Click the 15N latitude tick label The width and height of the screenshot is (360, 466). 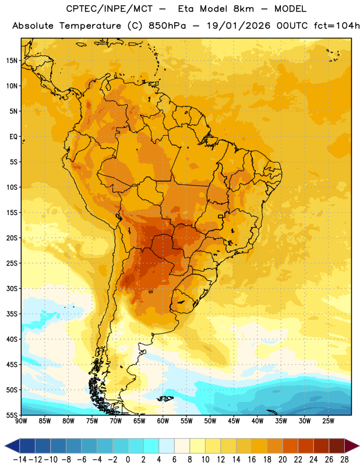click(x=12, y=61)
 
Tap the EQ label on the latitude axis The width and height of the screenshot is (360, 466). click(x=13, y=137)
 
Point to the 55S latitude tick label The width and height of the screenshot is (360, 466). click(x=12, y=415)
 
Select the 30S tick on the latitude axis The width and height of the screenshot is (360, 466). click(x=12, y=288)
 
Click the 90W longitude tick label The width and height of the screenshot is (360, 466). click(x=21, y=421)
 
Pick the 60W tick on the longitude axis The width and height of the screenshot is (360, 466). click(x=163, y=421)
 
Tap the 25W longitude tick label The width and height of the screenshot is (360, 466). click(x=328, y=421)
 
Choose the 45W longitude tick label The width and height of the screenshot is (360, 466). click(x=234, y=421)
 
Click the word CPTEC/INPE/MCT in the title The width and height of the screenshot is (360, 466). click(x=110, y=9)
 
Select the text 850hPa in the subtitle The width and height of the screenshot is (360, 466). click(x=167, y=26)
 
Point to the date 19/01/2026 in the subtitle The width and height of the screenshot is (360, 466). click(x=239, y=26)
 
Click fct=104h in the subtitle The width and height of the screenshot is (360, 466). click(x=337, y=26)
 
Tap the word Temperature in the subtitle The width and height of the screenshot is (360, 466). click(x=90, y=26)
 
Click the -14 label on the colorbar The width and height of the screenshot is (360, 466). click(x=20, y=460)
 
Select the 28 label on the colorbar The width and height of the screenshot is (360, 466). click(x=344, y=460)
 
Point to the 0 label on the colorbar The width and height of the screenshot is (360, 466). click(x=128, y=460)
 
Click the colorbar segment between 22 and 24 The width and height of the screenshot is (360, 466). click(x=306, y=446)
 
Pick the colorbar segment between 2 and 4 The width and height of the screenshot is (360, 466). click(x=151, y=446)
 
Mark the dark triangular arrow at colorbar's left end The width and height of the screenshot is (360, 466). click(x=12, y=446)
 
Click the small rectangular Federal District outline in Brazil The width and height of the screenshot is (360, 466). click(x=221, y=216)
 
